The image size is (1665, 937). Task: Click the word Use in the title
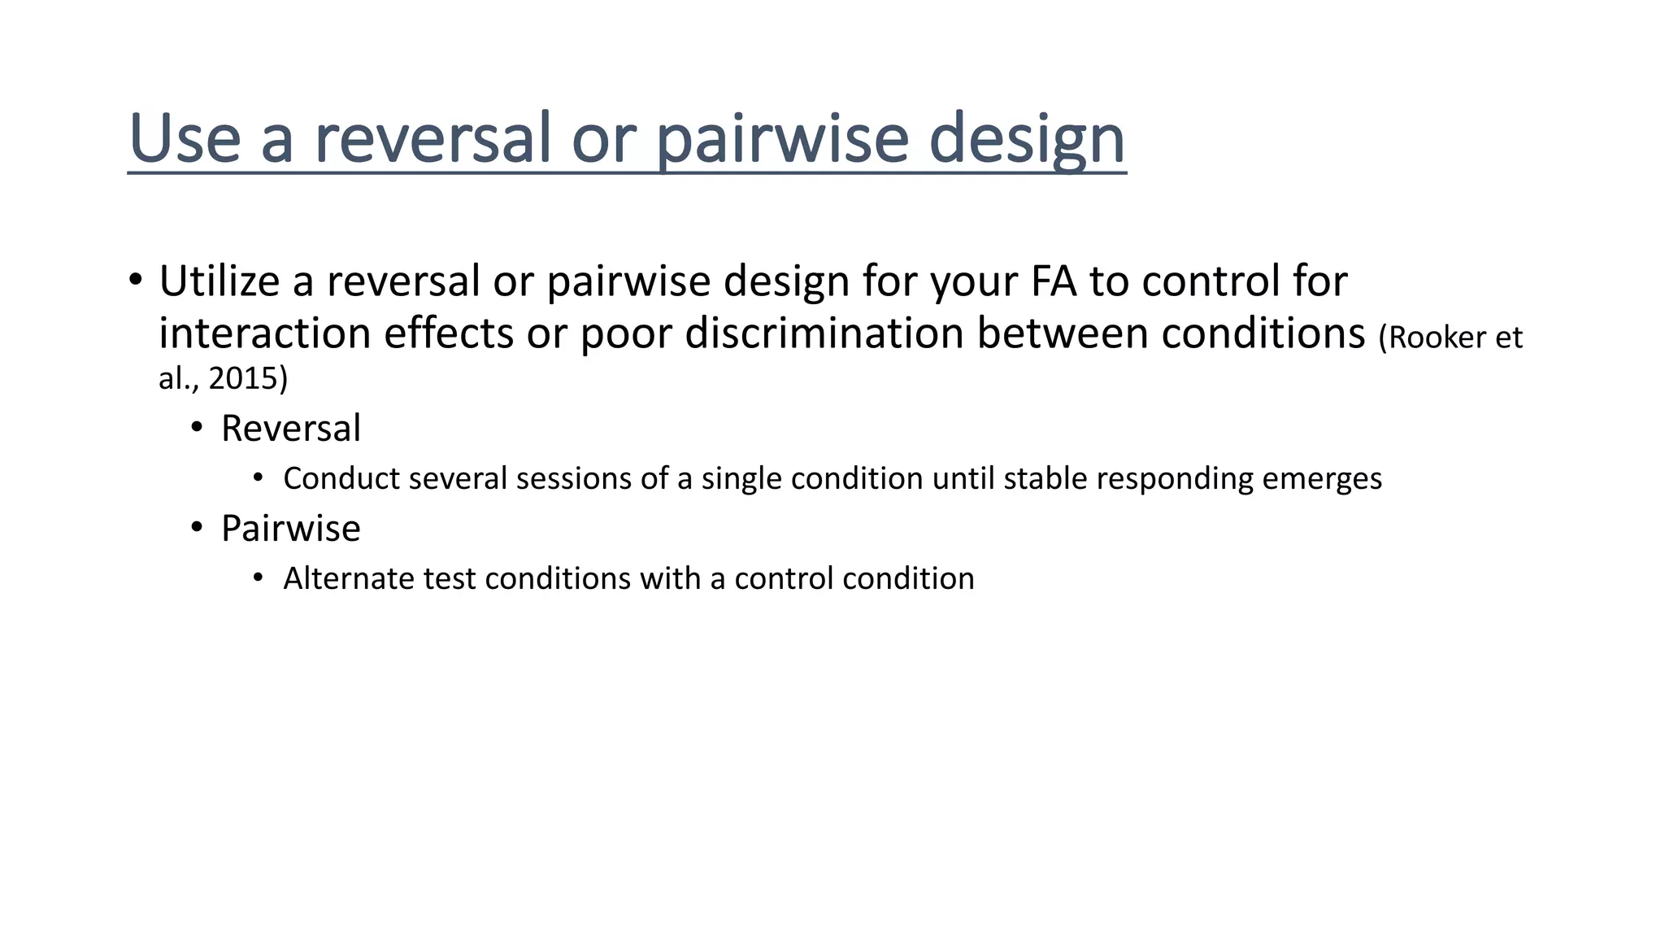185,138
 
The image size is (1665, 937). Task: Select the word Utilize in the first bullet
219,281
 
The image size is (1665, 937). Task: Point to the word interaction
264,333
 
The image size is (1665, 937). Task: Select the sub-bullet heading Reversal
290,429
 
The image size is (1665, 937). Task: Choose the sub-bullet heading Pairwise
290,529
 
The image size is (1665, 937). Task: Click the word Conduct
341,478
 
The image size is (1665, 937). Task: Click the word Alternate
348,578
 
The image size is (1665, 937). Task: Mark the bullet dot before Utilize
136,280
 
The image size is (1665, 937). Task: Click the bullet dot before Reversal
197,428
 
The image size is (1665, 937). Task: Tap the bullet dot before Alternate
259,577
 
